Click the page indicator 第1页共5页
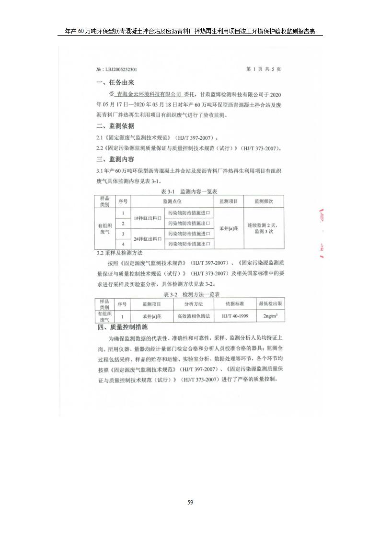pyautogui.click(x=264, y=69)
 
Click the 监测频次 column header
pyautogui.click(x=264, y=201)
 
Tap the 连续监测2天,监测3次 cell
pyautogui.click(x=264, y=228)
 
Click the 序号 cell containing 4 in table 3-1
pyautogui.click(x=123, y=244)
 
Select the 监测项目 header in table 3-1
pyautogui.click(x=229, y=201)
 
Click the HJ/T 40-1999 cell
pyautogui.click(x=235, y=317)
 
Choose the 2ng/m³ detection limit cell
pyautogui.click(x=270, y=317)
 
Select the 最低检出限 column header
pyautogui.click(x=270, y=304)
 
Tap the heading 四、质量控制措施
pyautogui.click(x=122, y=327)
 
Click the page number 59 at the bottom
pyautogui.click(x=190, y=502)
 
